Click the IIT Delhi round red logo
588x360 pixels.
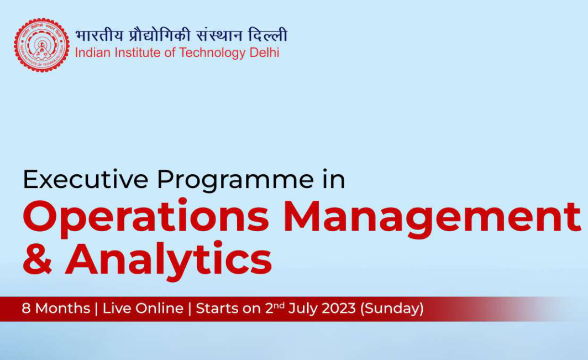click(x=41, y=45)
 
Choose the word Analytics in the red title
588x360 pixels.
click(x=169, y=260)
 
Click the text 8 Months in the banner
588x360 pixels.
click(x=56, y=309)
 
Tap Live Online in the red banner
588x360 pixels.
click(x=143, y=309)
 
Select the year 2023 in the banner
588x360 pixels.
click(x=337, y=309)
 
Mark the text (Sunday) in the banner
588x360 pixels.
click(x=392, y=309)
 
